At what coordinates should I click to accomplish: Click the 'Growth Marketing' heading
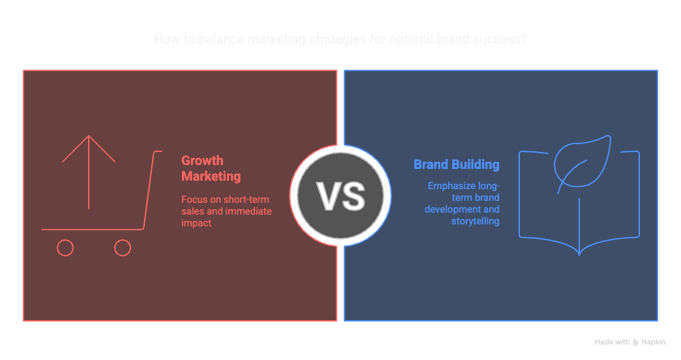(211, 168)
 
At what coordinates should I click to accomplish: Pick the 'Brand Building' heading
(457, 164)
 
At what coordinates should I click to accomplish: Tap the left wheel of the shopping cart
(65, 248)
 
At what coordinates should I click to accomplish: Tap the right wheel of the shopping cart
(123, 248)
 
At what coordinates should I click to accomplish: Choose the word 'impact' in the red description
(196, 223)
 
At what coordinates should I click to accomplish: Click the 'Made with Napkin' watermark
(629, 342)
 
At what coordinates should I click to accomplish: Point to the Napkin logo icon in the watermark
(636, 342)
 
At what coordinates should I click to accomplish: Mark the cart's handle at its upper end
(159, 152)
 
